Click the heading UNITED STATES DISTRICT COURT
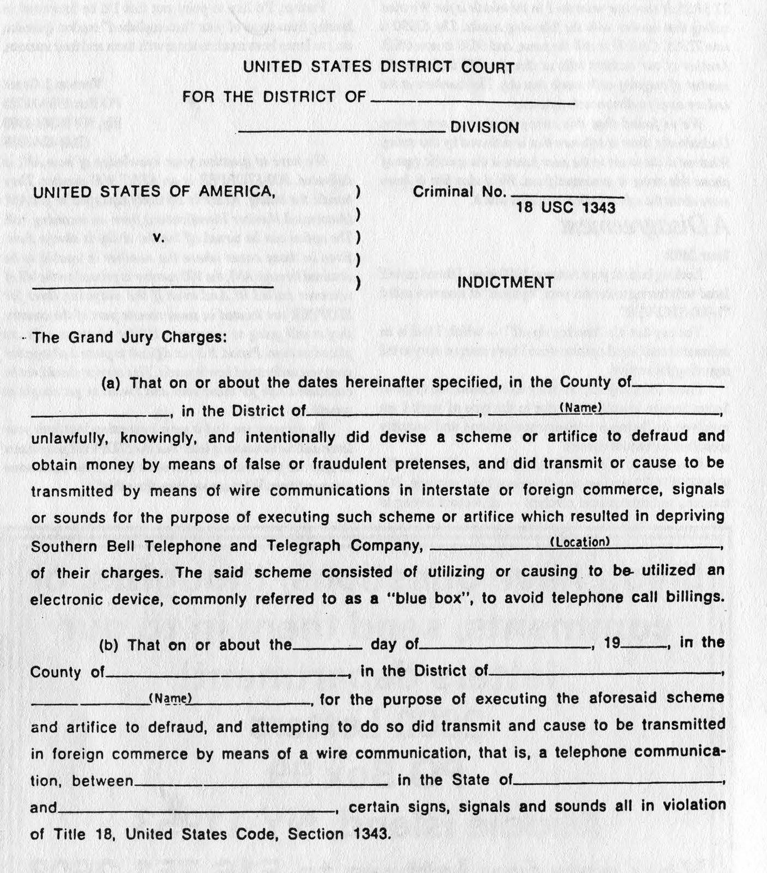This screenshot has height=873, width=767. click(378, 67)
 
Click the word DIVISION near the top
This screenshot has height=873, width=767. click(484, 127)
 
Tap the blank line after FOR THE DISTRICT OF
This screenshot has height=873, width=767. click(472, 101)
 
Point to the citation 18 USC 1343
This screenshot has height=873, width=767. click(566, 207)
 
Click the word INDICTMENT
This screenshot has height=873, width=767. click(505, 282)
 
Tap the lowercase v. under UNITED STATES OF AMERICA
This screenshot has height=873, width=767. click(158, 237)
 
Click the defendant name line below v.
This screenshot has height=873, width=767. click(152, 285)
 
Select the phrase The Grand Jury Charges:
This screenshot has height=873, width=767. click(129, 338)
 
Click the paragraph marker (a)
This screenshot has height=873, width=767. click(111, 382)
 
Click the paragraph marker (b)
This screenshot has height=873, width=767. click(109, 645)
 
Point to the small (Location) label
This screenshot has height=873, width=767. click(580, 542)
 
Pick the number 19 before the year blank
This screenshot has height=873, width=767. click(612, 643)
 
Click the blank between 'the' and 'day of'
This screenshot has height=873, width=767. click(328, 647)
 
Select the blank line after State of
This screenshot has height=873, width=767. click(617, 782)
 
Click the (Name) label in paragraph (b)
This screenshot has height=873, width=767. click(170, 698)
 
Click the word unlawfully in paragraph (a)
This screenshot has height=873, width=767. click(70, 438)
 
